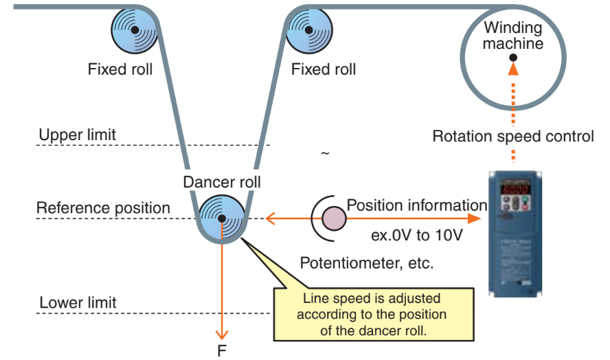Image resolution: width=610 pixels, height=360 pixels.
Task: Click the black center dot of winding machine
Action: (512, 58)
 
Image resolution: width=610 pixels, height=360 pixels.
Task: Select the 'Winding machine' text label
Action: (512, 36)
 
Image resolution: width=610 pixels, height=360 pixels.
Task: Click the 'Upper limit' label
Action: (77, 135)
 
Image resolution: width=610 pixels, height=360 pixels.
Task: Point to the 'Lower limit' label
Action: (78, 302)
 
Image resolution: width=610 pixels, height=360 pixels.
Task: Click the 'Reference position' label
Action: (103, 208)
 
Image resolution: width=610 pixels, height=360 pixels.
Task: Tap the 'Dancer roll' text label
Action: (222, 182)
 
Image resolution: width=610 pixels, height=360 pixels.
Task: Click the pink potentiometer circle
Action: (334, 218)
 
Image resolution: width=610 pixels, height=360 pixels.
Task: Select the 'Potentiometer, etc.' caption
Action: (367, 263)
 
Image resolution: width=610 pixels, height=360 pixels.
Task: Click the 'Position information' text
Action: (416, 205)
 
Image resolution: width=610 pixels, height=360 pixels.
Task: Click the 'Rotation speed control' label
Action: (512, 136)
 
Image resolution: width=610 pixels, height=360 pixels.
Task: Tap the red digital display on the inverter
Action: (513, 188)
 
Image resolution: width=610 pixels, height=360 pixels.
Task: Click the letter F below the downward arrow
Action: (222, 350)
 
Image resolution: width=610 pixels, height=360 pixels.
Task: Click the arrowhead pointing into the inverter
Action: (473, 218)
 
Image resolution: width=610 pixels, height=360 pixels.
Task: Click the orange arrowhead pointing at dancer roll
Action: (270, 218)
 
